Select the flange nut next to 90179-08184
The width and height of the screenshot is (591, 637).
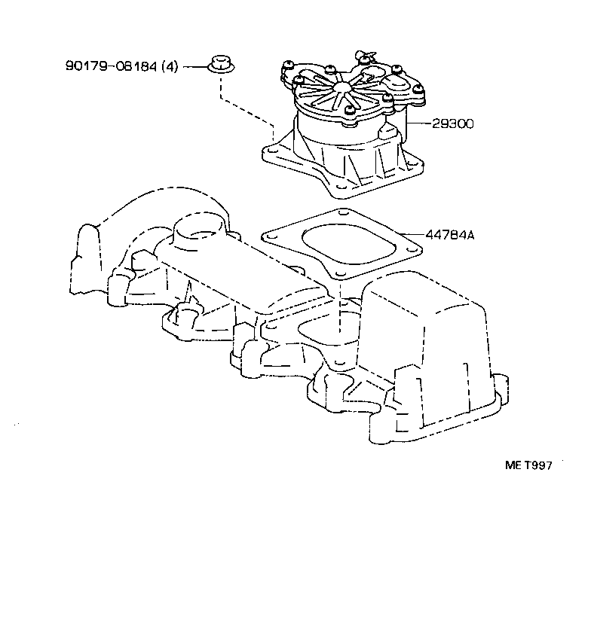pyautogui.click(x=220, y=65)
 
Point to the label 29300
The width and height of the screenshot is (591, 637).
pyautogui.click(x=453, y=123)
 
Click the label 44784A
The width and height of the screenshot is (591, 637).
pyautogui.click(x=450, y=235)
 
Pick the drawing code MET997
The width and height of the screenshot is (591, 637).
pyautogui.click(x=528, y=466)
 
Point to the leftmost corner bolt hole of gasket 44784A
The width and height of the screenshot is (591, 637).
pyautogui.click(x=268, y=236)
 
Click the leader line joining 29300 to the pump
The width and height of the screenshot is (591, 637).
pyautogui.click(x=418, y=123)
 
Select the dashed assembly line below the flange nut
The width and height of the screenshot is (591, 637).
pyautogui.click(x=220, y=90)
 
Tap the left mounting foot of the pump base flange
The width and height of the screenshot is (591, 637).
pyautogui.click(x=273, y=154)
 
